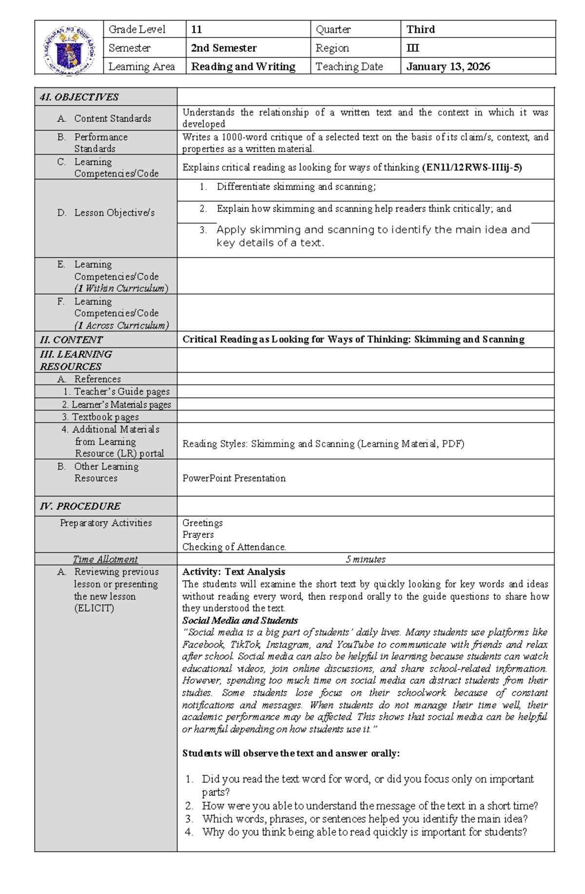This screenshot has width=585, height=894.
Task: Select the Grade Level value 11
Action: point(196,29)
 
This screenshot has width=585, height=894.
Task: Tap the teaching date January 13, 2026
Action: point(448,67)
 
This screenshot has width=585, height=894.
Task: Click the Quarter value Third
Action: point(420,29)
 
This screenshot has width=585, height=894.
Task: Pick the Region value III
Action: point(412,48)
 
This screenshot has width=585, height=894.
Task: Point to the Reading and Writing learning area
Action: point(243,67)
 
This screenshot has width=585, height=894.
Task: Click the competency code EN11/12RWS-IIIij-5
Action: point(472,168)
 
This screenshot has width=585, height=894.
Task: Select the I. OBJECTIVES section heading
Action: point(79,97)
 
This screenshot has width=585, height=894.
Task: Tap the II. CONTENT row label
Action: point(71,340)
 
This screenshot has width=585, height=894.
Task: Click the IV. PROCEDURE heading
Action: point(80,506)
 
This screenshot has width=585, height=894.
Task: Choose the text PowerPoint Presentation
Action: point(234,478)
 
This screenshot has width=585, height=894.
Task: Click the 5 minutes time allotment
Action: point(365,559)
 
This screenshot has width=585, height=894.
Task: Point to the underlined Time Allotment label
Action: point(105,559)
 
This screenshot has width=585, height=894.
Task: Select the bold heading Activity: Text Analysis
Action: point(234,572)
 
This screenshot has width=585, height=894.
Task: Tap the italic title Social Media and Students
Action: point(240,621)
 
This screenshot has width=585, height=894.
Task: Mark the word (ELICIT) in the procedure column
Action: point(94,609)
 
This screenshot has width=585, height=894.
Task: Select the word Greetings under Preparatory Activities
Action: point(202,523)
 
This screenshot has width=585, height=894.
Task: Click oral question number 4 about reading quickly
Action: point(364,832)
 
